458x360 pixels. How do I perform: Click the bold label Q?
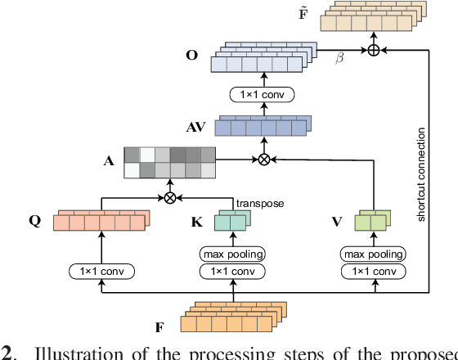click(35, 222)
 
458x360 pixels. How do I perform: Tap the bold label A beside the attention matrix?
click(108, 161)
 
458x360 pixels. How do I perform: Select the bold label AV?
click(197, 127)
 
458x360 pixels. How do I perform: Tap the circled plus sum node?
click(374, 50)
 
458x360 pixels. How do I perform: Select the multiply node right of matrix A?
click(263, 160)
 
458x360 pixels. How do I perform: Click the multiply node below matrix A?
click(169, 197)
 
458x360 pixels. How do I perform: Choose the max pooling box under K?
click(233, 254)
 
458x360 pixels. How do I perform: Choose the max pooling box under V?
click(373, 254)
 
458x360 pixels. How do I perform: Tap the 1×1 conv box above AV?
click(263, 96)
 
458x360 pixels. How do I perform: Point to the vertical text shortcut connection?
click(421, 174)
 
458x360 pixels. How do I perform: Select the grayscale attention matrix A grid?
click(168, 162)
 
